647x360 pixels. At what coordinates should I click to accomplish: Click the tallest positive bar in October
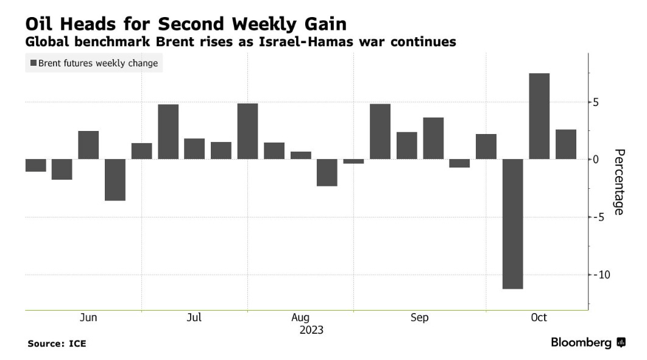point(539,116)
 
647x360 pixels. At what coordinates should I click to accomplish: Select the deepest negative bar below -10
point(512,224)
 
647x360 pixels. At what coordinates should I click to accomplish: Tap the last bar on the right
point(565,144)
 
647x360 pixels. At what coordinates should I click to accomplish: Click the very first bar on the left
point(35,165)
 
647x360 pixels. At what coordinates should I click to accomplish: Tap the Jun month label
point(88,317)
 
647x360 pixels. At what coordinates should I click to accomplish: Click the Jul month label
point(194,317)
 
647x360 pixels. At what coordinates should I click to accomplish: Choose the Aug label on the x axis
point(300,317)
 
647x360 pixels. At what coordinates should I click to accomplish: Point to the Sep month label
point(419,317)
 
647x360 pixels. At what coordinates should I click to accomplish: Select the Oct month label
point(539,317)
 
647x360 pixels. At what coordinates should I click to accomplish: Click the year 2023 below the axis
point(311,330)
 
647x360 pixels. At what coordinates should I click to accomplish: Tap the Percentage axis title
point(618,182)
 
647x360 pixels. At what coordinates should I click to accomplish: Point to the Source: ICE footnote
point(57,344)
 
